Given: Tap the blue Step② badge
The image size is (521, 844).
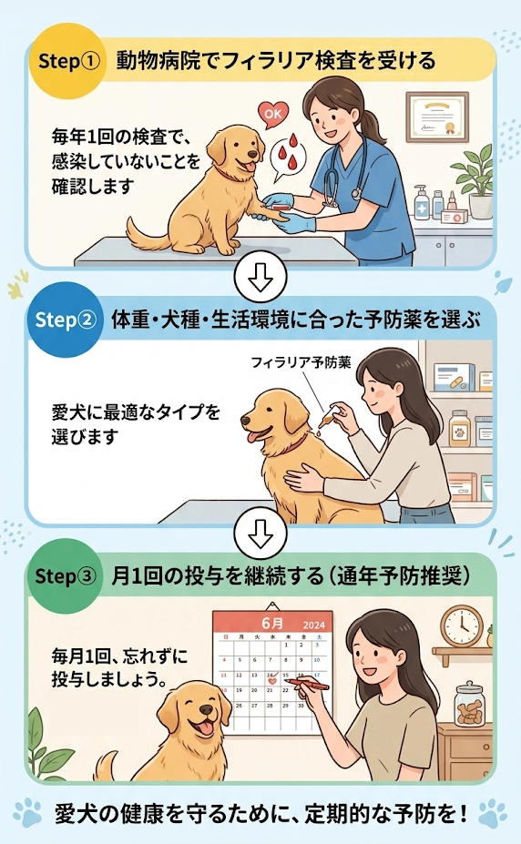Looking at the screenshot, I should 65,320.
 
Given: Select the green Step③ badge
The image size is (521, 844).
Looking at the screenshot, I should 65,577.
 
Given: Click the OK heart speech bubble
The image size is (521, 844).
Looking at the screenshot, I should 271,114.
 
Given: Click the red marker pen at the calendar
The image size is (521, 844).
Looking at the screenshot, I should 305,681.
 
